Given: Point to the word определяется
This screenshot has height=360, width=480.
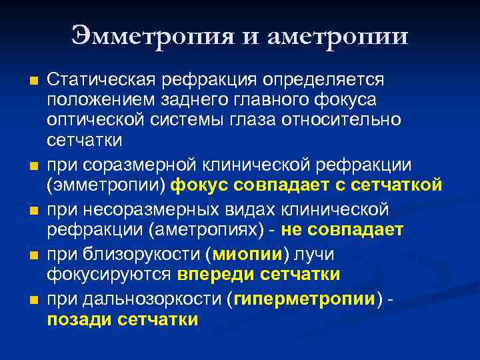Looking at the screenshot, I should tap(323, 80).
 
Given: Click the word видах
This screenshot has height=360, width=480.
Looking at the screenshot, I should tap(239, 210).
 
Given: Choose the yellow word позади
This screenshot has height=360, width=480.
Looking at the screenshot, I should tap(79, 319).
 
